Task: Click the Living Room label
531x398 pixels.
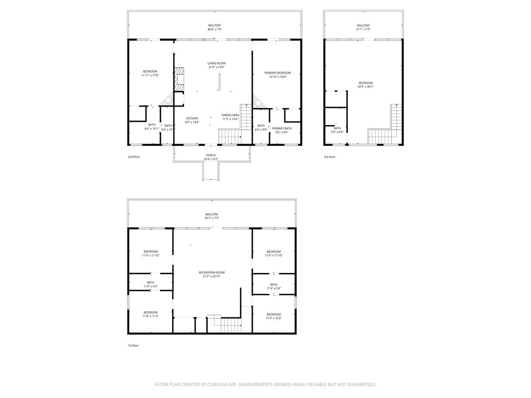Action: (217, 63)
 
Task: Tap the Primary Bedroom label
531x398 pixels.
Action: (277, 73)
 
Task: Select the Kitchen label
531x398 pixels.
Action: (192, 119)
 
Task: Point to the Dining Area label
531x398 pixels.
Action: (230, 115)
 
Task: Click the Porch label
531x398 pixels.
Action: (211, 155)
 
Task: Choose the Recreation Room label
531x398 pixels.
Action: (211, 272)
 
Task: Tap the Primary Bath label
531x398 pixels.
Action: (282, 129)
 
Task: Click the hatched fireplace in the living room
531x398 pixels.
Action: (179, 80)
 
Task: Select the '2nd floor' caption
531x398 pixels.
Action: (134, 157)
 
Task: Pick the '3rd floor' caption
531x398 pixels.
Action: (330, 157)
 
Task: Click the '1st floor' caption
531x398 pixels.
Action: (133, 346)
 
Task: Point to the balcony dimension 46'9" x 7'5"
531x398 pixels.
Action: (215, 30)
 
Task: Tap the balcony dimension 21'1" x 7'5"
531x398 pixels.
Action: (364, 30)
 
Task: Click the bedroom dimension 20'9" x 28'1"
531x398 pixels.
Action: (366, 87)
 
